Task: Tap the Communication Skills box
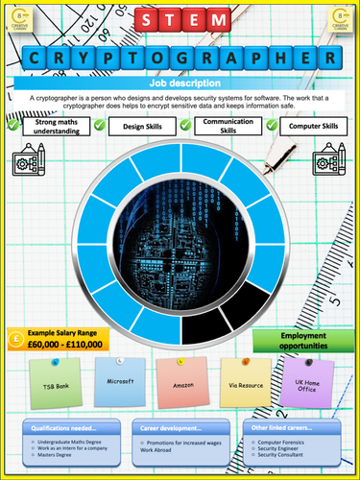228,129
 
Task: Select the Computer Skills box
314,126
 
